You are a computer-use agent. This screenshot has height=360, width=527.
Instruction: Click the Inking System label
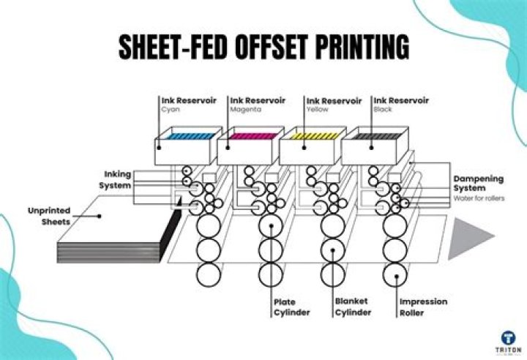click(x=115, y=180)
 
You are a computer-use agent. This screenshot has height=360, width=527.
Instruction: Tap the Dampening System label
click(x=474, y=183)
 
